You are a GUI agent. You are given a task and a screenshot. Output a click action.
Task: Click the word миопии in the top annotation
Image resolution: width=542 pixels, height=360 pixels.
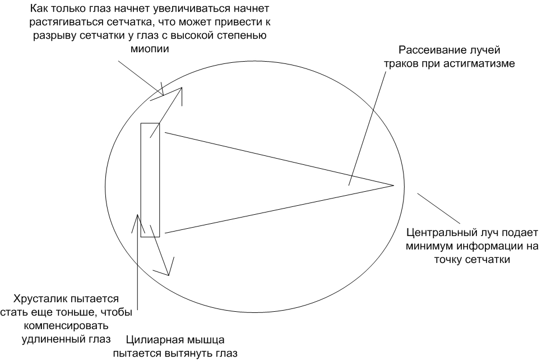pyautogui.click(x=150, y=49)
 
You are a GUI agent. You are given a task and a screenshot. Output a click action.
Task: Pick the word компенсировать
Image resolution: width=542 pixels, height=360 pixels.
pyautogui.click(x=66, y=326)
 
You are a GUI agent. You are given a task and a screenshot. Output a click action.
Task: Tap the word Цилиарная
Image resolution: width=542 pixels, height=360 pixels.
pyautogui.click(x=151, y=340)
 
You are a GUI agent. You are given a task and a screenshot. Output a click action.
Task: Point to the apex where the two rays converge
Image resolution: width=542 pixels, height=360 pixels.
pyautogui.click(x=394, y=186)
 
